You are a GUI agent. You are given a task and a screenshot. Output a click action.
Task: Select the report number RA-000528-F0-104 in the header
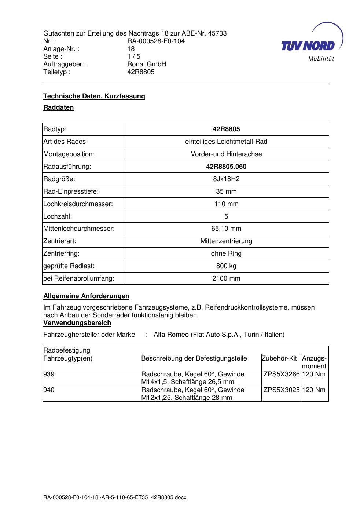(x=156, y=41)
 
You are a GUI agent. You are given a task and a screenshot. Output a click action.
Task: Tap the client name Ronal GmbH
(x=147, y=64)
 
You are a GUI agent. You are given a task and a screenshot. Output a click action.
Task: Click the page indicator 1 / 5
(x=134, y=56)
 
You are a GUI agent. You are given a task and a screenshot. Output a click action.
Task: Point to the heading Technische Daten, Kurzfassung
(x=94, y=96)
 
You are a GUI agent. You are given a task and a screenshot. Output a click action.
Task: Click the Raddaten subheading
(x=59, y=108)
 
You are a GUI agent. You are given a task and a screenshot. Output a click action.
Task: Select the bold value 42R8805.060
(x=226, y=167)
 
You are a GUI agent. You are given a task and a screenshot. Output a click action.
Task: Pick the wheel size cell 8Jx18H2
(x=226, y=179)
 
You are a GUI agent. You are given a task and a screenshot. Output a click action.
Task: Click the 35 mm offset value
(x=226, y=191)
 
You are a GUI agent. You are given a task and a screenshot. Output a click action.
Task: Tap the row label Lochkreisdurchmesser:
(x=78, y=204)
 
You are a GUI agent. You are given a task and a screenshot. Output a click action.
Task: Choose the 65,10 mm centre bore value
(x=226, y=229)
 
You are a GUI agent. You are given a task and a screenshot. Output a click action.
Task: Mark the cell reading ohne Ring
(x=226, y=253)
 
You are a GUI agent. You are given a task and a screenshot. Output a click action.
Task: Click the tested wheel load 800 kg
(x=226, y=266)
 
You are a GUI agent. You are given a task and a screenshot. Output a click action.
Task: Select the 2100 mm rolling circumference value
(x=226, y=278)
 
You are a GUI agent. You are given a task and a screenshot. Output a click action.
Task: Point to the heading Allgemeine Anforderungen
(x=86, y=296)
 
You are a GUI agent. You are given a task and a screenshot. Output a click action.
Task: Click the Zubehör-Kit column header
(x=279, y=358)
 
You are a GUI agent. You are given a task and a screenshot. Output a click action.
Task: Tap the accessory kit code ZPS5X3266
(x=282, y=374)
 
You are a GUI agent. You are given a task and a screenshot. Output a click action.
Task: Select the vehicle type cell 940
(x=49, y=390)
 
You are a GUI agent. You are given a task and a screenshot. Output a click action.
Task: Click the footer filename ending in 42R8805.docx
(x=115, y=497)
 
